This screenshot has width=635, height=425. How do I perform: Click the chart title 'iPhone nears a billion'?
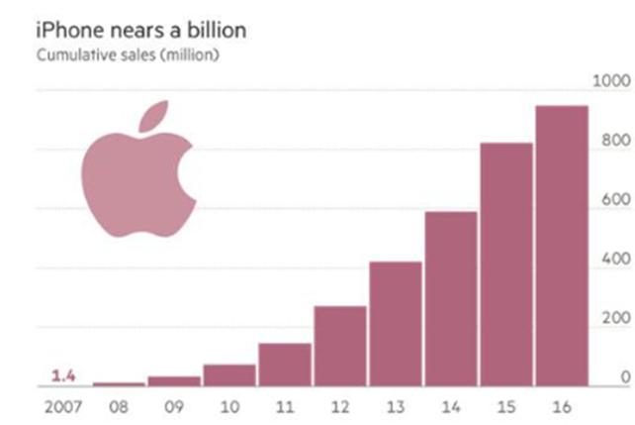140,30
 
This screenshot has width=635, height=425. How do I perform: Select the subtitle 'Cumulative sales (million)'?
128,54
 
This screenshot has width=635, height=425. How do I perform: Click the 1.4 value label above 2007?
63,375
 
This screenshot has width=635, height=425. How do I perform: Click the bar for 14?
451,298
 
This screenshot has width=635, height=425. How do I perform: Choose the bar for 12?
340,346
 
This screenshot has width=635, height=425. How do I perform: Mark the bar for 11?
285,365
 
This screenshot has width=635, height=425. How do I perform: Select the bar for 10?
229,375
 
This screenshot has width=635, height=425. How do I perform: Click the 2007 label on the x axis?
61,405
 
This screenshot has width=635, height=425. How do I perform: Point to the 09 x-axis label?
174,405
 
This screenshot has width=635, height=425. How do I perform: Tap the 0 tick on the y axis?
624,377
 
